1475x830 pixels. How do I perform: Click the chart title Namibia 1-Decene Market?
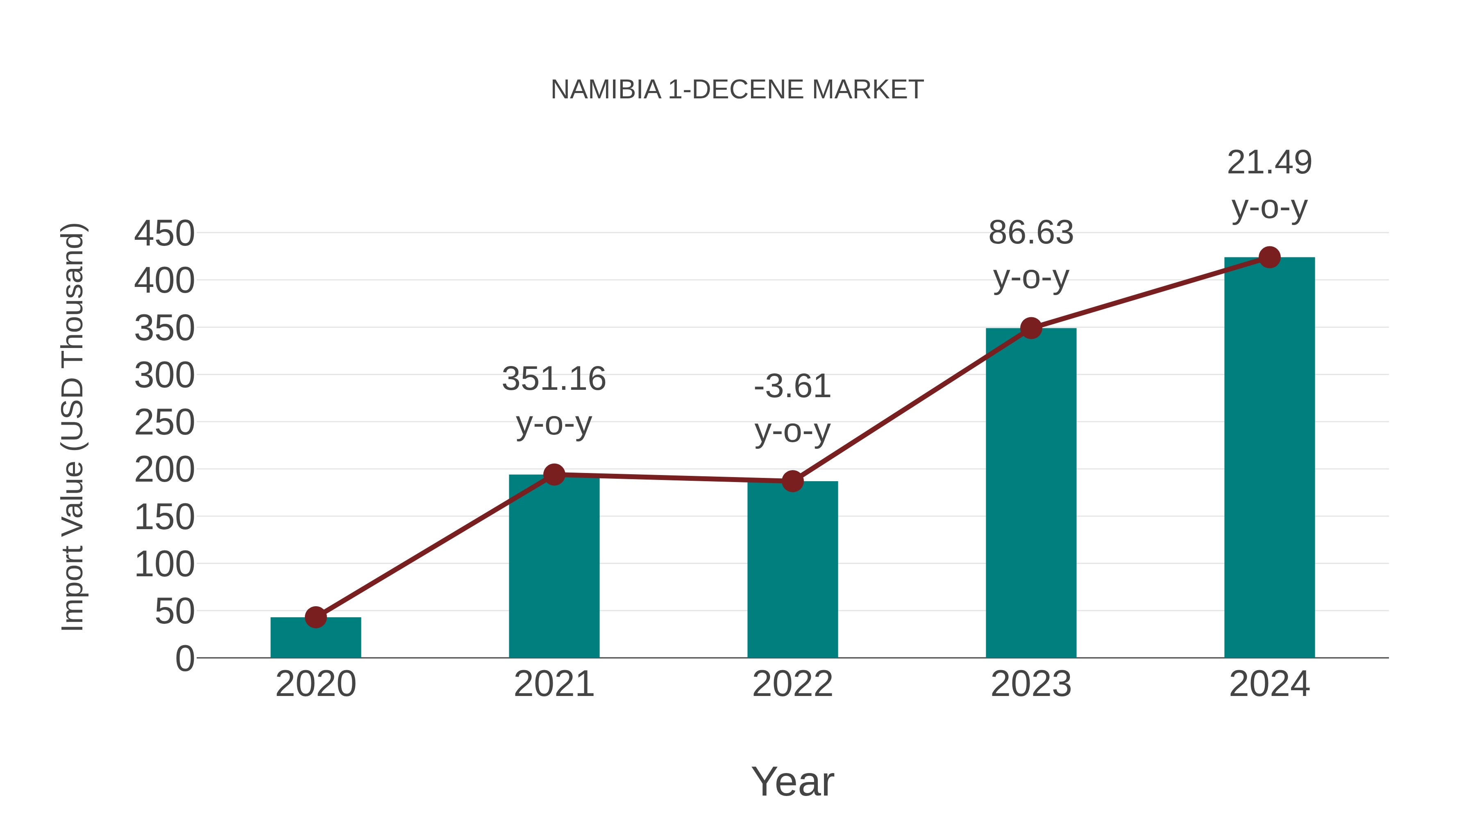click(737, 90)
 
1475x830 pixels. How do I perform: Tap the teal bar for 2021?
click(554, 567)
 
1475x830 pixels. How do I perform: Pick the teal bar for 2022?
click(792, 570)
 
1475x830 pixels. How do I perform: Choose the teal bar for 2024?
click(1269, 458)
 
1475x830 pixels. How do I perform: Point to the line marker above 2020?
click(315, 618)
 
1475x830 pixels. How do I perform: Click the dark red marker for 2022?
click(792, 481)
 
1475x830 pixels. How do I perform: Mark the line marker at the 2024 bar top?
click(1269, 257)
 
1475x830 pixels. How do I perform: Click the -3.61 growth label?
click(792, 387)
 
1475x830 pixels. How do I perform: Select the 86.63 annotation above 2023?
click(1031, 233)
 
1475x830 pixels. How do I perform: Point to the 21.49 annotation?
click(1269, 163)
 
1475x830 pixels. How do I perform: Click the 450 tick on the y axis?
click(164, 234)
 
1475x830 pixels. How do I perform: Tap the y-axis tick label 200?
click(164, 470)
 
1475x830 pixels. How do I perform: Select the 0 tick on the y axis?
click(185, 659)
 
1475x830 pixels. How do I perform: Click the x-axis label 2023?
click(1031, 684)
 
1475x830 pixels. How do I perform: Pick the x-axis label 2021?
click(554, 684)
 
